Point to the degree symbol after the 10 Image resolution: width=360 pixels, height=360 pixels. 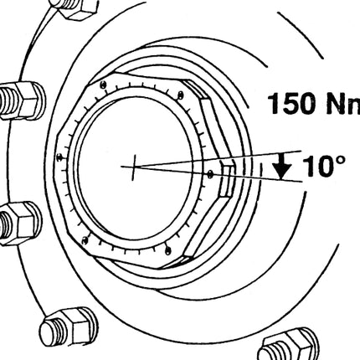340,160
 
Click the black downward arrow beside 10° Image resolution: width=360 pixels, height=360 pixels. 282,166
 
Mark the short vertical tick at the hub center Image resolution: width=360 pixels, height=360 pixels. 134,167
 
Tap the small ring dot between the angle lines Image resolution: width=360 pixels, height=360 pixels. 210,174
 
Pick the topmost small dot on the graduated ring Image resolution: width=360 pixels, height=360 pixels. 104,85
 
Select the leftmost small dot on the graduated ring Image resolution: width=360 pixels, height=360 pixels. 59,157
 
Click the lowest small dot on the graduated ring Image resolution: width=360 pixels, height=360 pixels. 167,250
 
